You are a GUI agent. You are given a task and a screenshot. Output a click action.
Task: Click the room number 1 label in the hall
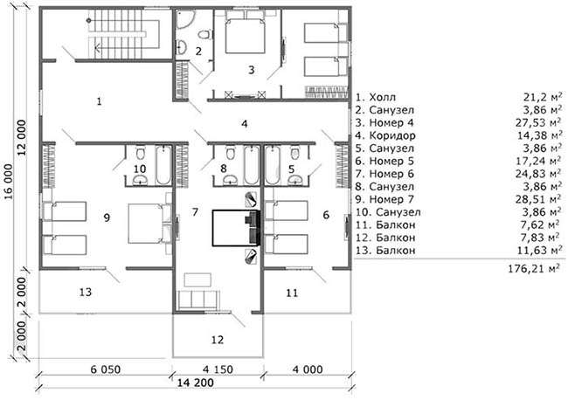point(100,101)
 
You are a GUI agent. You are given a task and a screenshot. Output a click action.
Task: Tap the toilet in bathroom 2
point(204,35)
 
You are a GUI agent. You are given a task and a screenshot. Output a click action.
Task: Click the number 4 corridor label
point(245,124)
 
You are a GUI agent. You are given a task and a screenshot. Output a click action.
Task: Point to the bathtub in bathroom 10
point(163,165)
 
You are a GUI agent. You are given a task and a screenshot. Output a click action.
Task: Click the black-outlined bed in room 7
point(235,228)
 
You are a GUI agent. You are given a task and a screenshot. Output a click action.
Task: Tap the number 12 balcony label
point(218,340)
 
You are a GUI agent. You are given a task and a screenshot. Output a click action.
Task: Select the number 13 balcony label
point(86,292)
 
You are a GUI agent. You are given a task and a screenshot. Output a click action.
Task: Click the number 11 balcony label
point(292,293)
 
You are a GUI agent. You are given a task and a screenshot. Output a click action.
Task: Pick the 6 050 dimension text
point(106,369)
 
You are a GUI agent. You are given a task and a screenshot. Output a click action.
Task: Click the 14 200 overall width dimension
point(196,383)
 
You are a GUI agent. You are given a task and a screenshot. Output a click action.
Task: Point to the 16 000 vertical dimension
point(9,182)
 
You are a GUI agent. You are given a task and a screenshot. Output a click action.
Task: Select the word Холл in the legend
point(383,97)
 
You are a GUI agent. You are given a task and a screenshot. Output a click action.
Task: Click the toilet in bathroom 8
point(229,153)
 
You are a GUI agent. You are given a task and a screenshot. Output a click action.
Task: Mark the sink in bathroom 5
point(295,179)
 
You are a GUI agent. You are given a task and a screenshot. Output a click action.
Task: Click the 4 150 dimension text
point(218,369)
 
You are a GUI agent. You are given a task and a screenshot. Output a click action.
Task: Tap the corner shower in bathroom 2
point(185,19)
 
